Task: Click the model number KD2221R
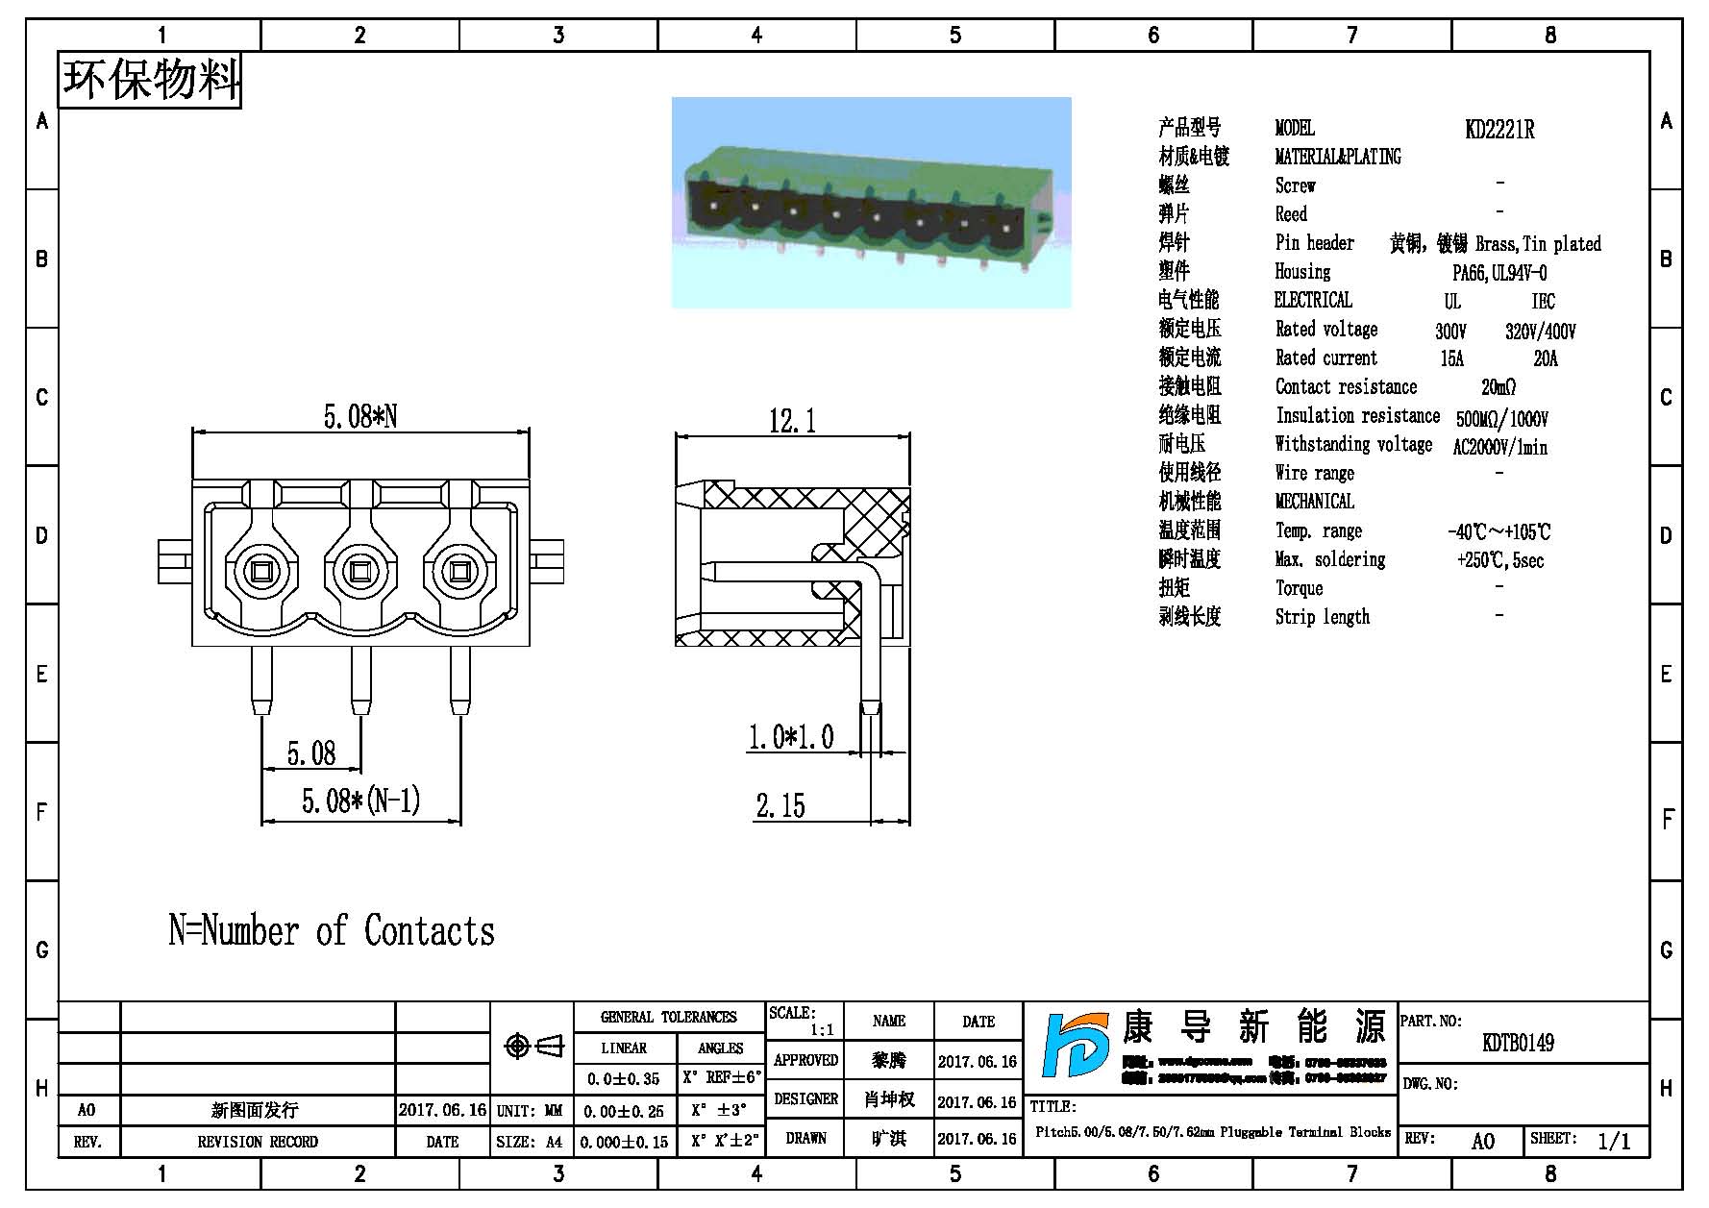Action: pos(1498,130)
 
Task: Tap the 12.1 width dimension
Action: pos(792,421)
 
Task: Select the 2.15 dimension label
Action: pos(780,805)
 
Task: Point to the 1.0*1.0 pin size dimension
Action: pos(790,737)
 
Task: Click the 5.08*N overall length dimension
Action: pos(359,416)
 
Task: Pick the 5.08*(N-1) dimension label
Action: pos(360,801)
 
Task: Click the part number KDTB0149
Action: pos(1518,1043)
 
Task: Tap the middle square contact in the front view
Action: pos(359,573)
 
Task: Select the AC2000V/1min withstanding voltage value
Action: pos(1499,447)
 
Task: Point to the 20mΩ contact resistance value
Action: pos(1498,387)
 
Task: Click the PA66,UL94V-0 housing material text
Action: pos(1498,273)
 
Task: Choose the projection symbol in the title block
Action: pos(533,1046)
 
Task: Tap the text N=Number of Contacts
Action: pos(332,930)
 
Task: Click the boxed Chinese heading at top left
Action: pos(150,80)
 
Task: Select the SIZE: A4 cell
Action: pos(530,1142)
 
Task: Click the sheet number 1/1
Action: pos(1614,1141)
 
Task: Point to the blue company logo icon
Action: pos(1077,1057)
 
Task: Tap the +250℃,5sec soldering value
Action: pos(1499,560)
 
